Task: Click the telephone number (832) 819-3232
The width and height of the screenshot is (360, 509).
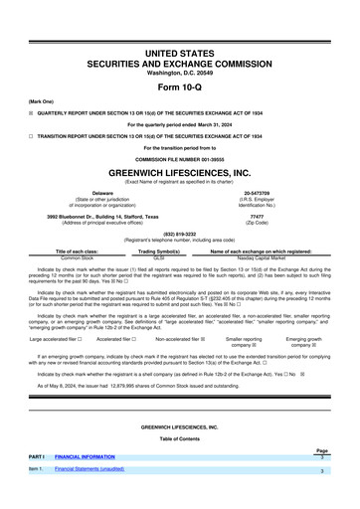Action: point(179,234)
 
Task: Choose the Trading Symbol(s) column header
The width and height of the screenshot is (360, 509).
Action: point(179,253)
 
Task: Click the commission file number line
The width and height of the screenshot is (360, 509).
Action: point(179,158)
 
